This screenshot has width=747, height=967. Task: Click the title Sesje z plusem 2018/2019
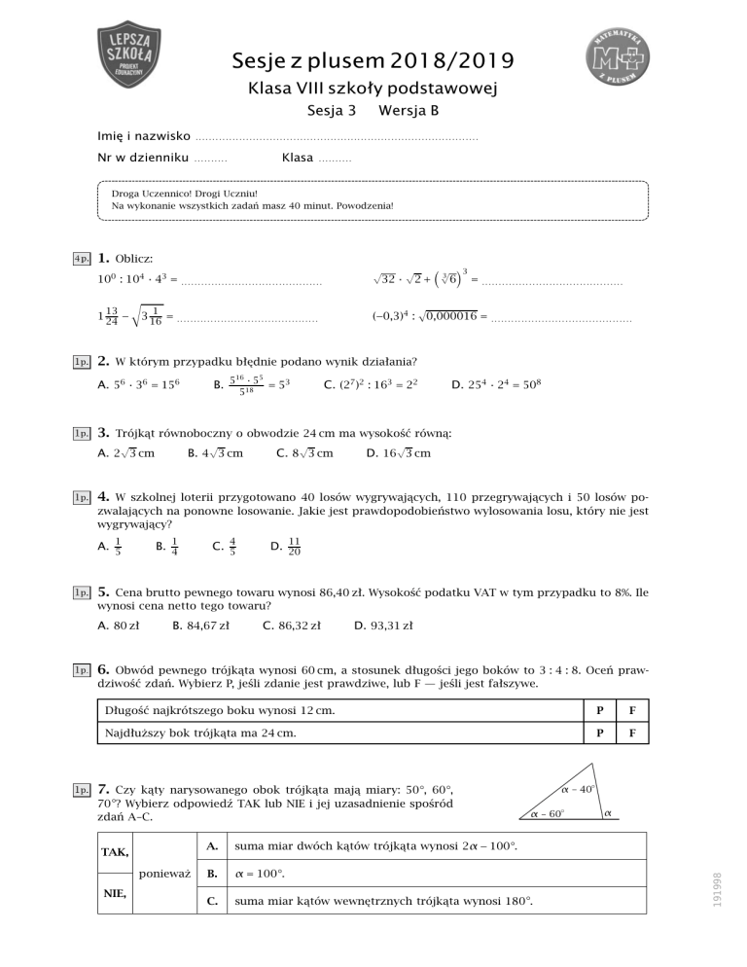pos(373,63)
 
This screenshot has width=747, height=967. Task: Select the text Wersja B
pos(408,111)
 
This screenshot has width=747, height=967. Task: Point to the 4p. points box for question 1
pos(82,260)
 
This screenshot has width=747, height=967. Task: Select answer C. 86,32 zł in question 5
pos(291,626)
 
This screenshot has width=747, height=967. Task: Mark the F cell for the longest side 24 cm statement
pos(632,738)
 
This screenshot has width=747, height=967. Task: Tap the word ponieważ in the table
pos(165,873)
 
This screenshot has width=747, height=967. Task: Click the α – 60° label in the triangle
pos(547,812)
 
